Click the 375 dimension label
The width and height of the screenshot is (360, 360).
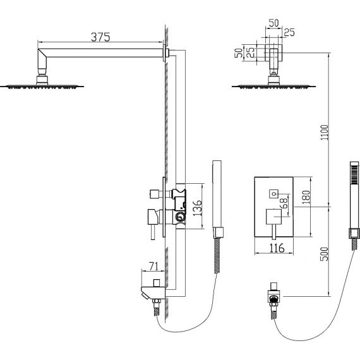tap(100, 37)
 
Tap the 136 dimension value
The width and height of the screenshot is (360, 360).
tap(197, 208)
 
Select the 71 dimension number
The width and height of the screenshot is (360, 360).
tap(154, 267)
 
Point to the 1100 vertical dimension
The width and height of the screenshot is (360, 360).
tap(325, 132)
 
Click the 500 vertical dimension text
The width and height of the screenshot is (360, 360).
tap(325, 254)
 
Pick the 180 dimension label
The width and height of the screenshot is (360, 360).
tap(306, 197)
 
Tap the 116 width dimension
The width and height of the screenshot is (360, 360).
tap(277, 248)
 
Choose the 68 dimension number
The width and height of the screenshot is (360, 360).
tap(284, 203)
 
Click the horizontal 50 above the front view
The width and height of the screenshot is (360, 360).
tap(273, 23)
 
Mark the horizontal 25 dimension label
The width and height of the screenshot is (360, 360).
tap(289, 32)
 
